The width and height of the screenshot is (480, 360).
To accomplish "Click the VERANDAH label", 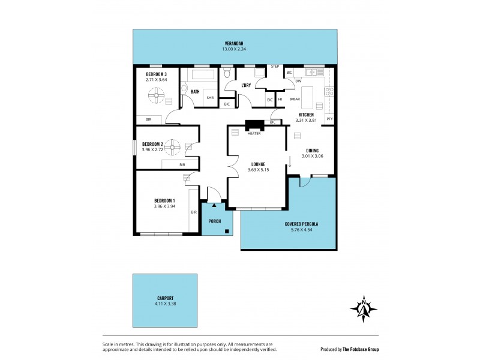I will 233,43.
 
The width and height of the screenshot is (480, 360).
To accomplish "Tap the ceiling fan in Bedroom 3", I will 157,94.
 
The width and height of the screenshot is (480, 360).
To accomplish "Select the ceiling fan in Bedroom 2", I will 173,145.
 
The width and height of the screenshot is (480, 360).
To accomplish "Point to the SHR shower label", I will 210,97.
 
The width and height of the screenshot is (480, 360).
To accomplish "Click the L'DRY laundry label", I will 245,85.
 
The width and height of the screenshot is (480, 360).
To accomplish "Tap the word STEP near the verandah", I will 275,66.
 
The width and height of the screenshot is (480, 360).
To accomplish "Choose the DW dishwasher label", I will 298,81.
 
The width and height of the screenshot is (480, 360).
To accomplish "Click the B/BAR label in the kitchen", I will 294,99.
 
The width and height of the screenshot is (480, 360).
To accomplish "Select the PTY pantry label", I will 329,119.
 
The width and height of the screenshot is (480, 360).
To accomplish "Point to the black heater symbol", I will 254,126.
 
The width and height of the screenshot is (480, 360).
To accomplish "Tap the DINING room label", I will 312,151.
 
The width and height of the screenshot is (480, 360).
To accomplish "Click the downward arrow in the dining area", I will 290,161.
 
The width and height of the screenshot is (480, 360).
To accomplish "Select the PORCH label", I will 214,221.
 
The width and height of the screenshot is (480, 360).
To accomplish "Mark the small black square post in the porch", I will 226,231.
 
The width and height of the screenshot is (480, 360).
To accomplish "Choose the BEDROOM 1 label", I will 164,200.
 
